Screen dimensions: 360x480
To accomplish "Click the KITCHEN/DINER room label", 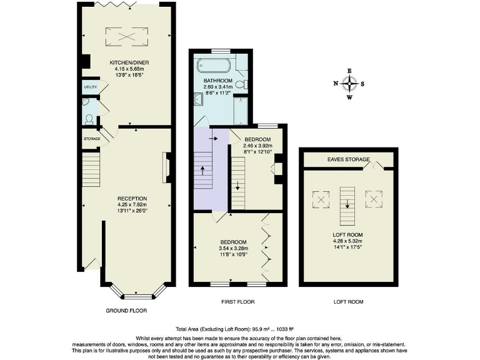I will point(129,62).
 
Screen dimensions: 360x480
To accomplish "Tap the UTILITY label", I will point(90,87).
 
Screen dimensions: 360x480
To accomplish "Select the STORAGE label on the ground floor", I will point(92,138).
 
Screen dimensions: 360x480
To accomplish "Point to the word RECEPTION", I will point(132,198).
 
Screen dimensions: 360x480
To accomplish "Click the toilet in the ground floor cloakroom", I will point(90,118).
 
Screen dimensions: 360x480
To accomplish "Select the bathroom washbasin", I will point(198,98).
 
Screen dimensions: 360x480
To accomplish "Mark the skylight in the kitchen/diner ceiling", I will point(129,36).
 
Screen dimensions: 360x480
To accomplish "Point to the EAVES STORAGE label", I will point(347,159).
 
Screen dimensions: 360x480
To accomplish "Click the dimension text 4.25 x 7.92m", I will point(132,204).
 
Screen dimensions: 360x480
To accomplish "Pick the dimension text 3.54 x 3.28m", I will point(233,248).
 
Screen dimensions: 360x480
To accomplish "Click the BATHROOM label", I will point(217,81).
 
